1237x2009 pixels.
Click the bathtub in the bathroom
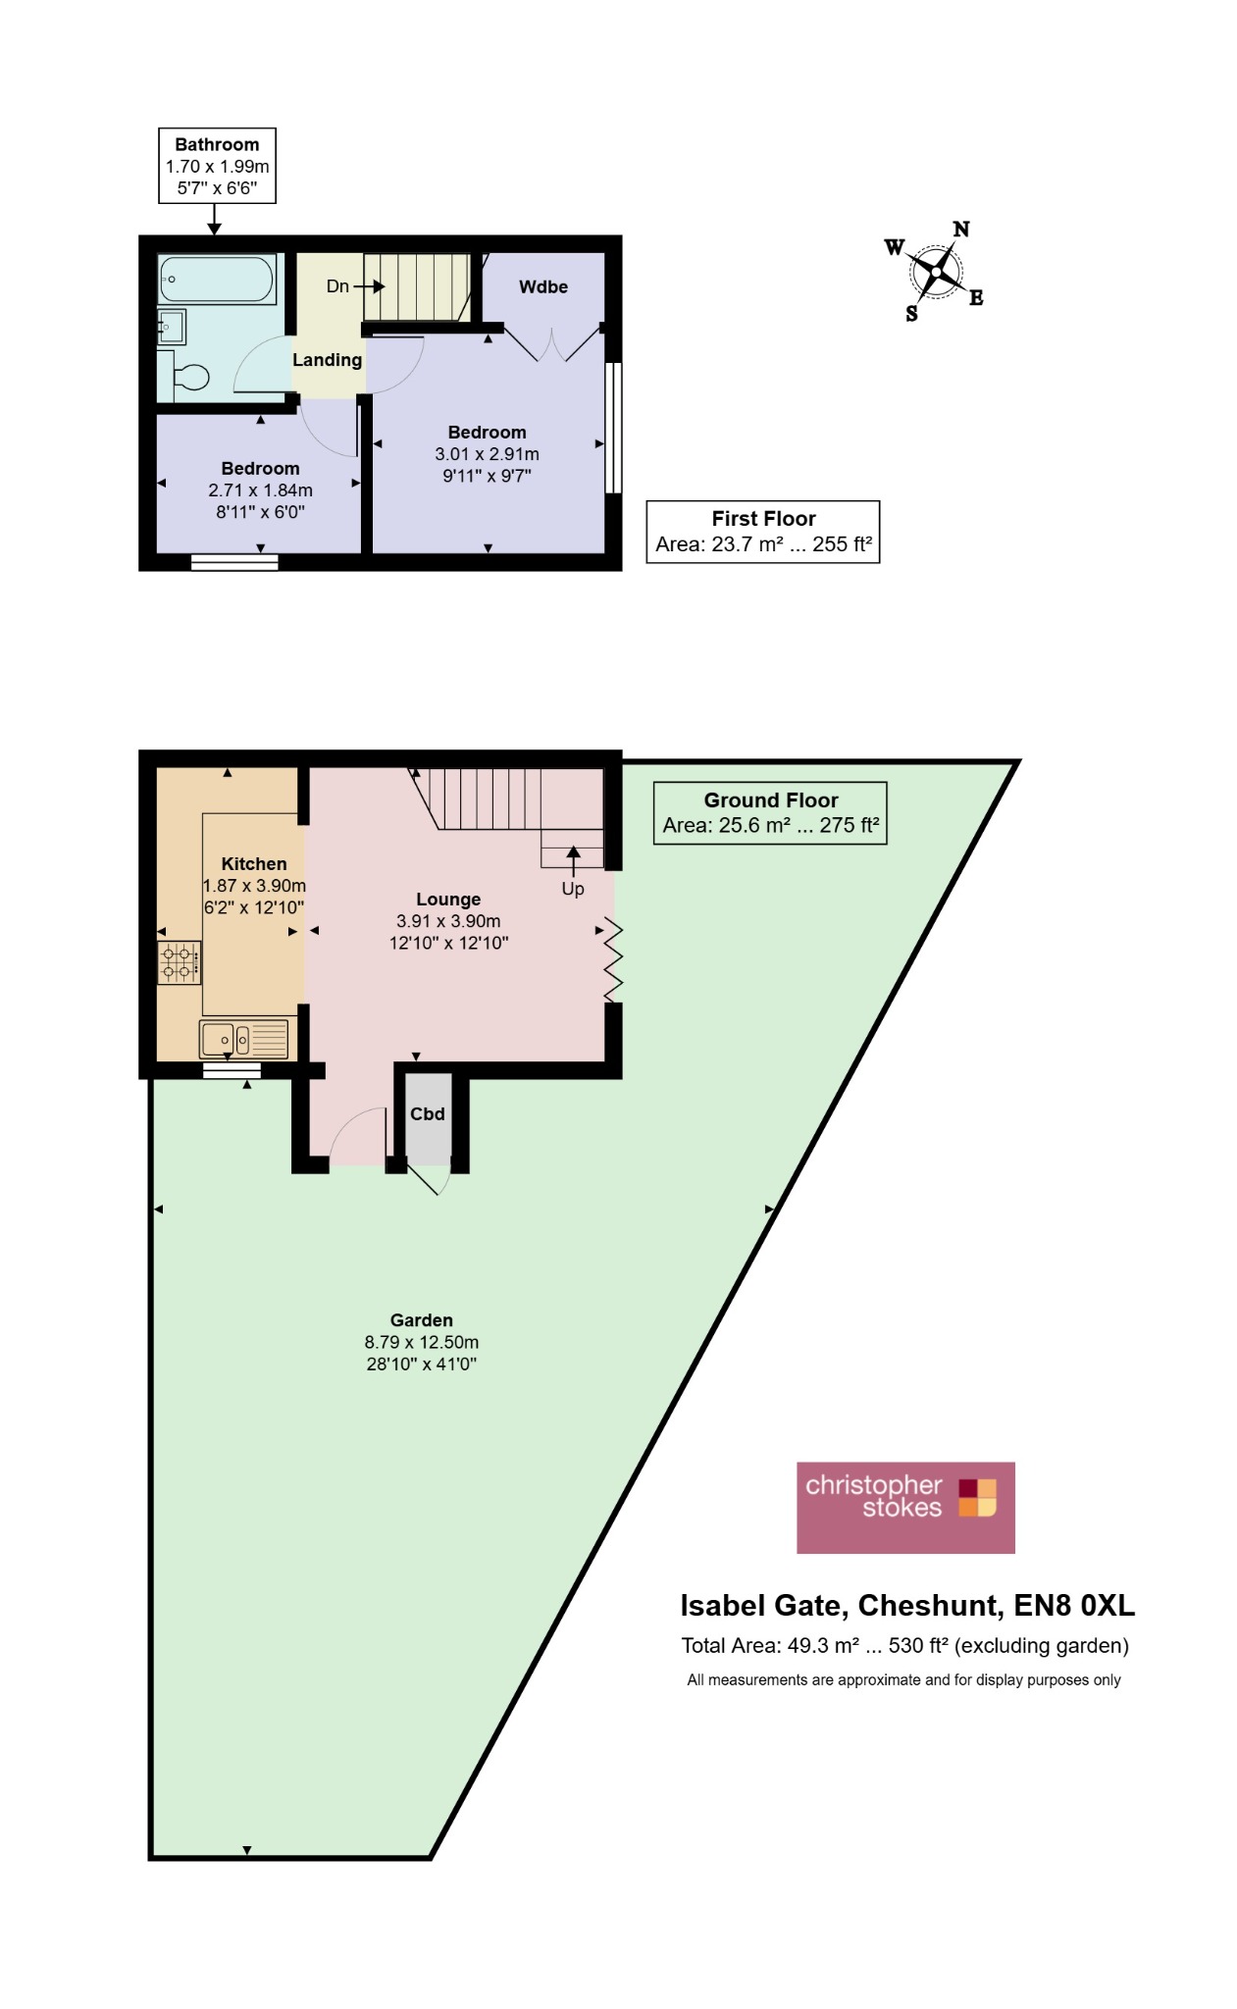coord(217,280)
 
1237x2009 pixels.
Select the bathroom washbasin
coord(171,325)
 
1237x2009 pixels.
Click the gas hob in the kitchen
coord(179,962)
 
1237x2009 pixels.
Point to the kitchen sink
coord(244,1039)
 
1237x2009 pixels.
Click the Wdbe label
coord(543,286)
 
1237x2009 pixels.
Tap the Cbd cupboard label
coord(428,1113)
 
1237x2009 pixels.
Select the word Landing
coord(328,360)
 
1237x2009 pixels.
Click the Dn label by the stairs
coord(337,286)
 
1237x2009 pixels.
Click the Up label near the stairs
coord(573,889)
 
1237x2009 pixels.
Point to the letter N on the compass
coord(961,229)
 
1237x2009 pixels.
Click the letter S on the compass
coord(912,314)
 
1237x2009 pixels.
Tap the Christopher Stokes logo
coord(905,1508)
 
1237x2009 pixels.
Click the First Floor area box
coord(763,532)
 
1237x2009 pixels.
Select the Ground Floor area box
coord(770,813)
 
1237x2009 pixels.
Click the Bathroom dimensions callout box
coord(217,166)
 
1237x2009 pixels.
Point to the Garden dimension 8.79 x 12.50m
coord(422,1342)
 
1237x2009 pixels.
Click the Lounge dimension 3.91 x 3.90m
coord(448,921)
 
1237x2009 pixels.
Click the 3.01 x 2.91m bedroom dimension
coord(488,454)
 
